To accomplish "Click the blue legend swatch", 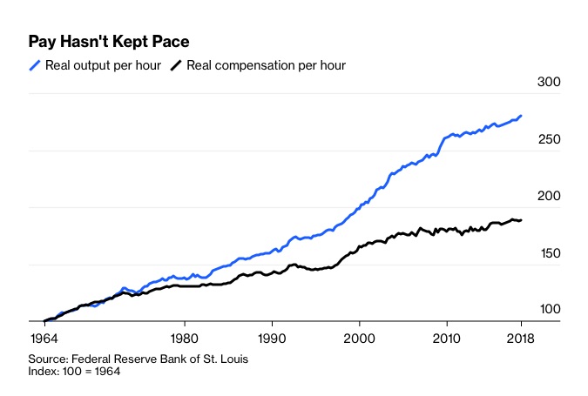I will click(x=36, y=65).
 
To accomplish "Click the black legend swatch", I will click(x=176, y=65).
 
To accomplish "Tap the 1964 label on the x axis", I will click(x=44, y=338).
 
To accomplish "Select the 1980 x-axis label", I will click(x=183, y=338).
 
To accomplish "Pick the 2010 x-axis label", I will click(x=447, y=338).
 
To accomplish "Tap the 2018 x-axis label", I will click(x=520, y=338).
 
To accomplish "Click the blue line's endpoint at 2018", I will click(x=522, y=116).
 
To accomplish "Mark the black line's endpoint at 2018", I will click(x=522, y=220).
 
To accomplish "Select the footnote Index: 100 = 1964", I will click(x=74, y=372).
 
